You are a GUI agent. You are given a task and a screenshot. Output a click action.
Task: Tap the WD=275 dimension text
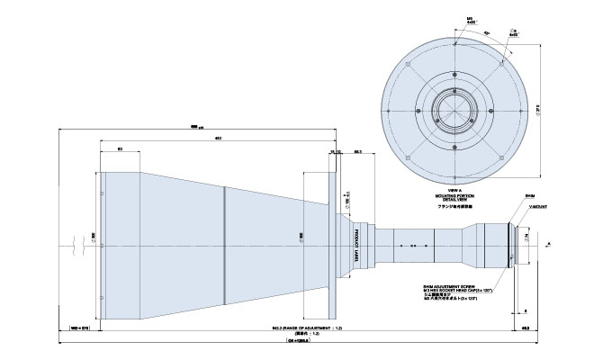[78, 328]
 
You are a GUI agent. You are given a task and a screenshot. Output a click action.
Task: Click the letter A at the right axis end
[549, 243]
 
